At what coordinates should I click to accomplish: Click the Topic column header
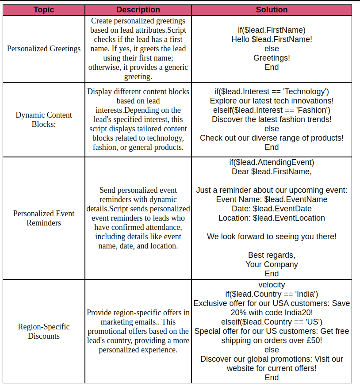coord(44,10)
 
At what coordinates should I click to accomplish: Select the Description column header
coord(138,10)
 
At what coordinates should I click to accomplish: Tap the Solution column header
coord(272,10)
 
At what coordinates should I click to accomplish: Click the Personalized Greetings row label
coord(44,49)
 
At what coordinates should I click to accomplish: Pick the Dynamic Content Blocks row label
coord(44,119)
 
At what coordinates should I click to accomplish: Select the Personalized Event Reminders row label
coord(44,218)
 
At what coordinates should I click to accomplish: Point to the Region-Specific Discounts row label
coord(44,331)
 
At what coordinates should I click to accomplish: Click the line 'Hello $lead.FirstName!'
coord(272,39)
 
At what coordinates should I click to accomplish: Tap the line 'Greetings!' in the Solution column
coord(272,58)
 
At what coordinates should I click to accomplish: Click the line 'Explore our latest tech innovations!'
coord(272,101)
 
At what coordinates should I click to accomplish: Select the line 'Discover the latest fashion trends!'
coord(272,119)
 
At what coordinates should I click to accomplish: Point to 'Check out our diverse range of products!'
coord(272,138)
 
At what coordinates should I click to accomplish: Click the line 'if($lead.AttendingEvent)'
coord(272,162)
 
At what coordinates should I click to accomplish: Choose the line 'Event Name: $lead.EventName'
coord(272,199)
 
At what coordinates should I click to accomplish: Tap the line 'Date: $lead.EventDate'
coord(272,209)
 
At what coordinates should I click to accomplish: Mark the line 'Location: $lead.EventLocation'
coord(272,218)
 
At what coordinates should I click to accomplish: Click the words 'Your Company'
coord(272,264)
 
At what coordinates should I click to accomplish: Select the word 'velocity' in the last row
coord(272,285)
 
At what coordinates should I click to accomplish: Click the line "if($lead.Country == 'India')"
coord(272,294)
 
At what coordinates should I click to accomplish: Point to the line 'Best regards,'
coord(272,255)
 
